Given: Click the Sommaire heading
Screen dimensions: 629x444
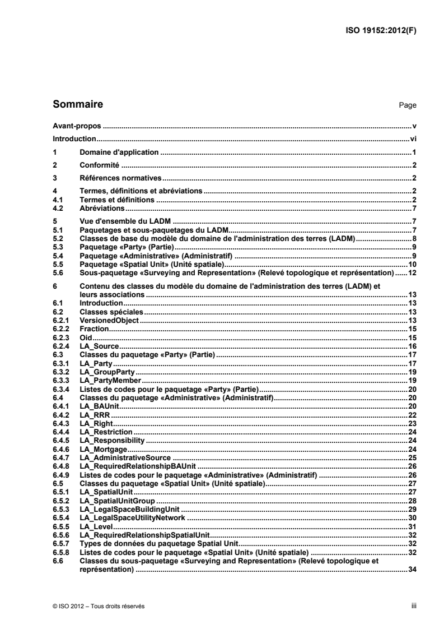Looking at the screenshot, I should pos(77,104).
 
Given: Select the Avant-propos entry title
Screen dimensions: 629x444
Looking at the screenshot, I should pos(74,127).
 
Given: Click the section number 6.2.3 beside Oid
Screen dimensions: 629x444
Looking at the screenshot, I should pos(60,337).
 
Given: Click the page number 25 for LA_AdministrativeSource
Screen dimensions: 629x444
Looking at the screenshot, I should pos(412,457).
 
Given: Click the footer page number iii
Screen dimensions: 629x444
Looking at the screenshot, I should pos(414,605).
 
